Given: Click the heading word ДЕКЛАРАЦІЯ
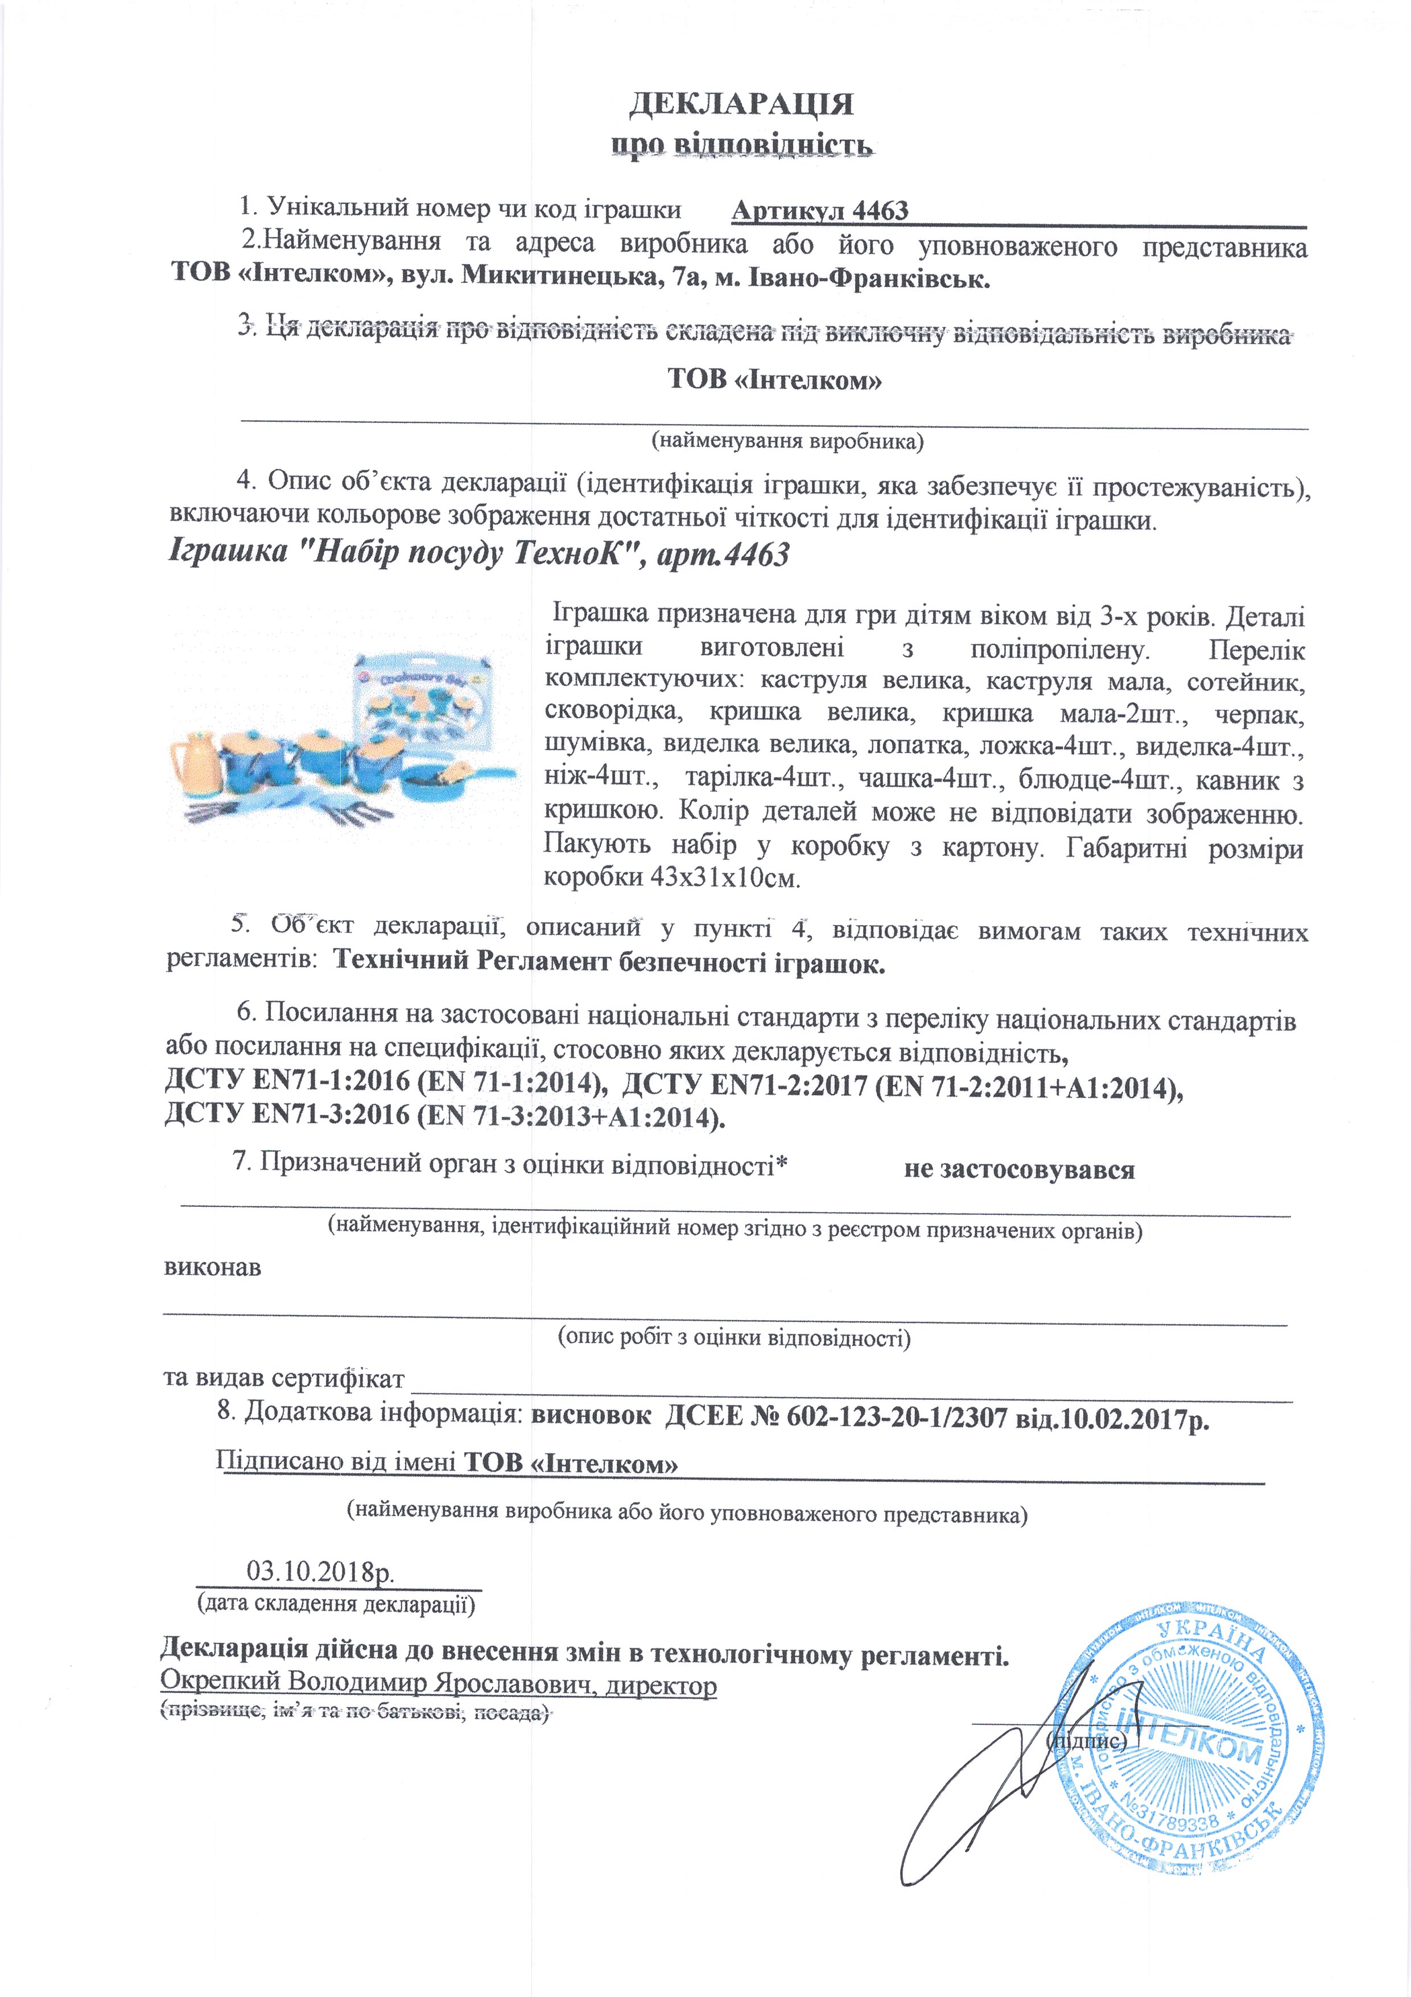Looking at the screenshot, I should (741, 104).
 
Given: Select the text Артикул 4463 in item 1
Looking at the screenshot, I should (820, 211).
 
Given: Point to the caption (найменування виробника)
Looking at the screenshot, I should (787, 441).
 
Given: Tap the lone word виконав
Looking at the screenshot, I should (212, 1267).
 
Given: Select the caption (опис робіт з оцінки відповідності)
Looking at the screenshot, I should (733, 1337).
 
